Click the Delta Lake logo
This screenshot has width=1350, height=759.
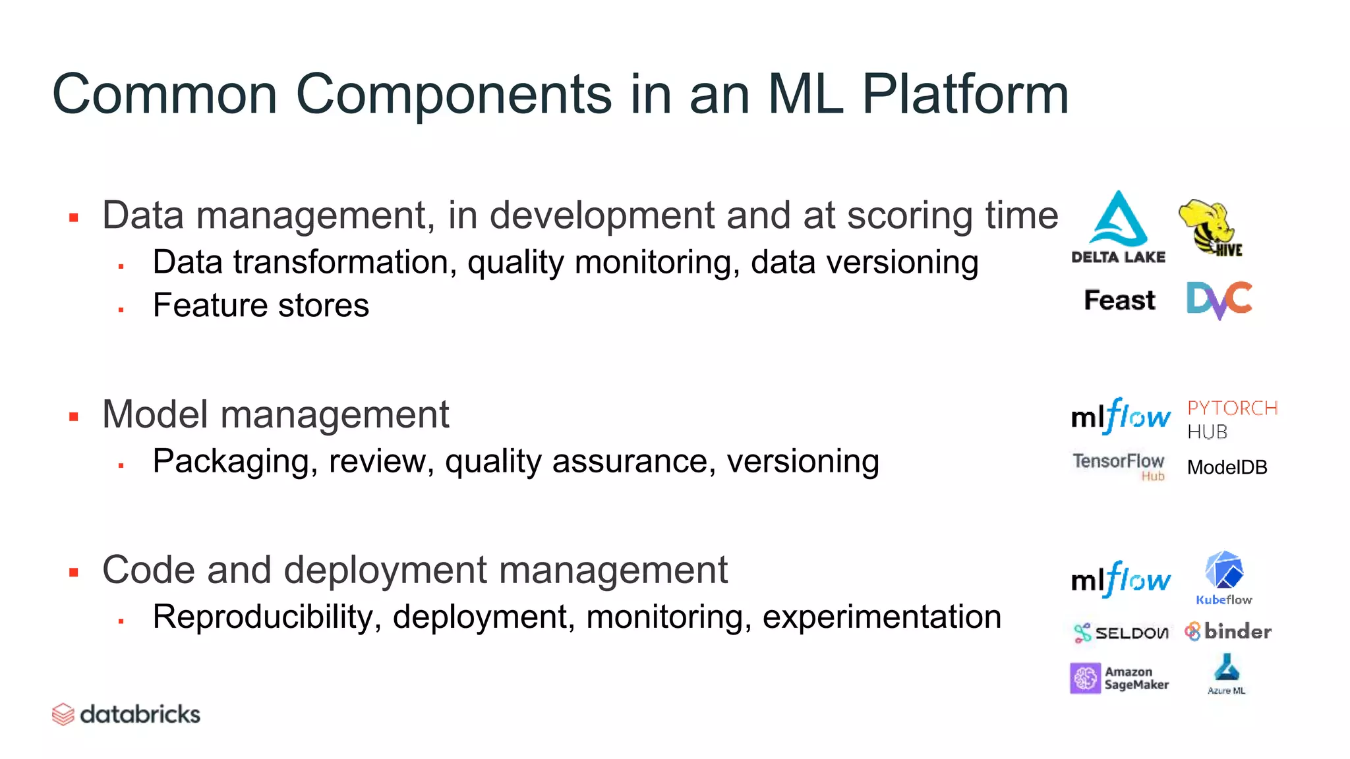[1118, 227]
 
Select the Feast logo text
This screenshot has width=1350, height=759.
[1119, 300]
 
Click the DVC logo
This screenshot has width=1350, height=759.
[1219, 300]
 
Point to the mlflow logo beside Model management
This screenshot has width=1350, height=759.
[1121, 416]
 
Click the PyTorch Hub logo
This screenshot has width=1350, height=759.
[1231, 420]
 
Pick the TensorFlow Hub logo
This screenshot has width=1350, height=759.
[1119, 465]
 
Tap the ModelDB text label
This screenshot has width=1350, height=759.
[1227, 468]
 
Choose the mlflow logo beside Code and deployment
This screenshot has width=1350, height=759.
[1121, 580]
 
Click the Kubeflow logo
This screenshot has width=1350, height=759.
[1224, 578]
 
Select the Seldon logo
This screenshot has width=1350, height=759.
[1121, 633]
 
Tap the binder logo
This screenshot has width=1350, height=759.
[1227, 632]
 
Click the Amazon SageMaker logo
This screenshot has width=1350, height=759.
[1119, 679]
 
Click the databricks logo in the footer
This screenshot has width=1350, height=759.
[126, 714]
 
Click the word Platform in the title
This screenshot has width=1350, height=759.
[965, 94]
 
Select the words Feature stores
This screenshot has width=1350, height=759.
[260, 306]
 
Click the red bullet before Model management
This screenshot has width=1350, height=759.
[74, 416]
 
